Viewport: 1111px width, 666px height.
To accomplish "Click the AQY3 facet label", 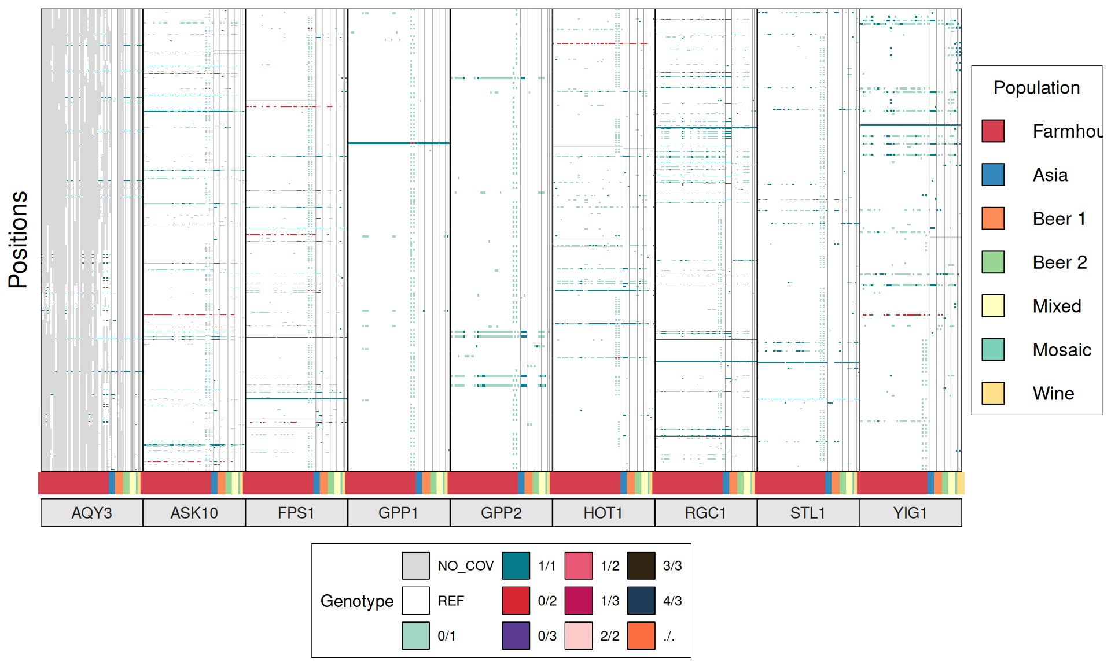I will tap(91, 513).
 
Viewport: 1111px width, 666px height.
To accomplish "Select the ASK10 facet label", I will tap(194, 513).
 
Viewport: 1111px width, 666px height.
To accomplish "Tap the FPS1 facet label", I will tap(296, 513).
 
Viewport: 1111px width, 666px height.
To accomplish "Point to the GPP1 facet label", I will tap(399, 513).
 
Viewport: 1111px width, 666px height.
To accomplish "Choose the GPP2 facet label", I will tap(501, 513).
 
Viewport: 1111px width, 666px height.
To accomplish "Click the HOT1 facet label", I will tap(603, 513).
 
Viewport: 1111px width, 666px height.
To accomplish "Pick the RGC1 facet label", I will tap(705, 513).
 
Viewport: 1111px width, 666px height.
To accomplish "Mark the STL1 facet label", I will tap(808, 513).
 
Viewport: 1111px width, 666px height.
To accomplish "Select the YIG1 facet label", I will tap(910, 513).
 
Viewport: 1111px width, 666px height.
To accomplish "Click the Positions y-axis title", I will tap(19, 239).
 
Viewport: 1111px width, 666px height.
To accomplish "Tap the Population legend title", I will tap(1036, 88).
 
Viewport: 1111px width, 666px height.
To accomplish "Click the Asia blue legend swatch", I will tap(993, 175).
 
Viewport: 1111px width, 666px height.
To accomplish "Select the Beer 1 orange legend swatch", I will tap(993, 219).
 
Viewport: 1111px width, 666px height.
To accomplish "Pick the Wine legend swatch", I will tap(993, 393).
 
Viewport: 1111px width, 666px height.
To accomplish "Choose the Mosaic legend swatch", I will tap(993, 349).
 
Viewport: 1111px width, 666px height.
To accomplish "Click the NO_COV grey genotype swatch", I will tap(415, 565).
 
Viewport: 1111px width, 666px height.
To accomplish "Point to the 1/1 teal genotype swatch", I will tap(516, 565).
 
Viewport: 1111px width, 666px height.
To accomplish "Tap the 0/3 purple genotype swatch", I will tap(516, 635).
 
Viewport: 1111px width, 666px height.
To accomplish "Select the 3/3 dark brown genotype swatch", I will tap(641, 565).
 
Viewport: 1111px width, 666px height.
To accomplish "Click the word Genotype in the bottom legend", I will tap(357, 601).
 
